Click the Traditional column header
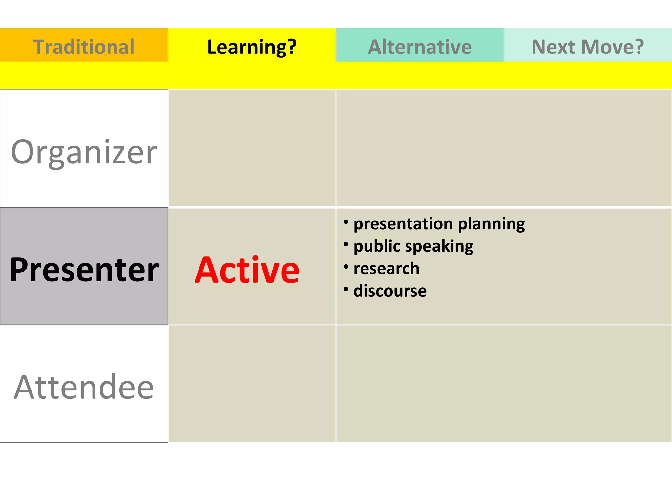point(84,47)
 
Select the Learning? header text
point(252,47)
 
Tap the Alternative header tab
point(420,47)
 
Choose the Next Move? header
point(588,47)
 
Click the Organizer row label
point(84,152)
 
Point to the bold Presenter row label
point(84,269)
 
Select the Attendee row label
point(84,387)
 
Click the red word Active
point(247,270)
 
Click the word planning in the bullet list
point(491,224)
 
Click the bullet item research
point(387,268)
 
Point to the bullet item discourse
point(390,291)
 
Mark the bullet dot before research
point(346,267)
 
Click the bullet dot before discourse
point(346,289)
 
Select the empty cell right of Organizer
point(252,148)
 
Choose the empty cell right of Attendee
point(252,383)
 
